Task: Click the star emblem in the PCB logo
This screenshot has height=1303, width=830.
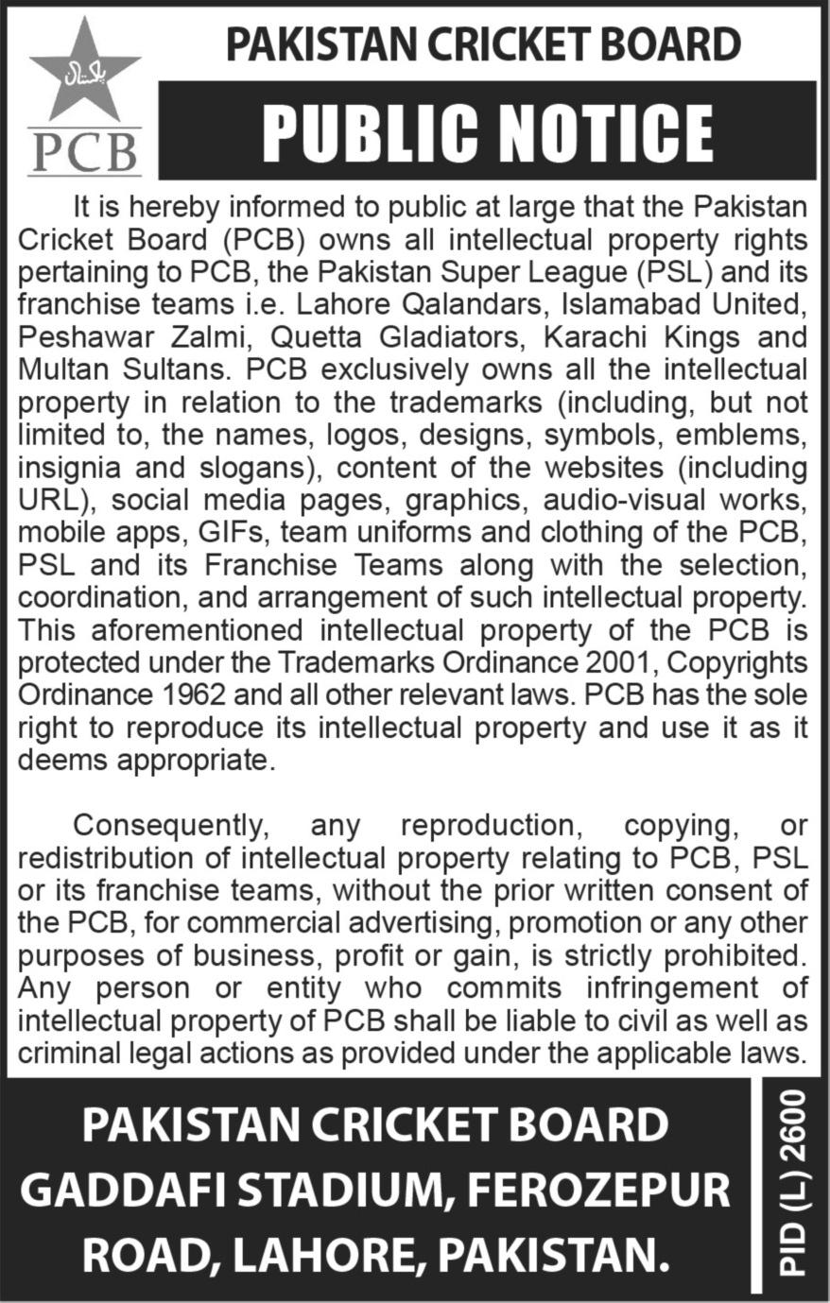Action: [x=84, y=71]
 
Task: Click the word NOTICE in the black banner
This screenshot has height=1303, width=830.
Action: [x=593, y=132]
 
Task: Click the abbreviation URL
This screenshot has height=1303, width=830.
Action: [x=46, y=499]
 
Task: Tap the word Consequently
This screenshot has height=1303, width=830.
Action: [x=169, y=825]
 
